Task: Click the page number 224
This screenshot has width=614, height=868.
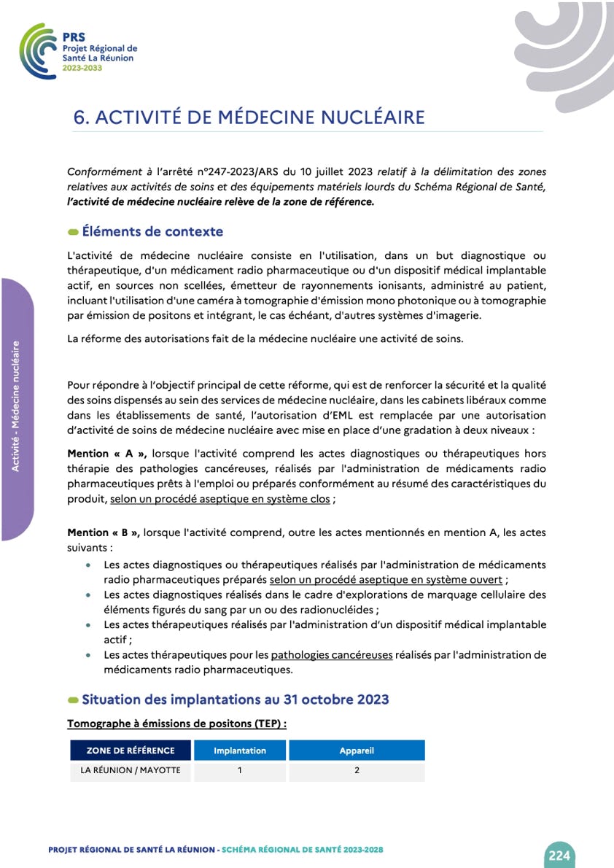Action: click(x=559, y=856)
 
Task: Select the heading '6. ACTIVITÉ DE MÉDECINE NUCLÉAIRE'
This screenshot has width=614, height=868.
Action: click(x=249, y=117)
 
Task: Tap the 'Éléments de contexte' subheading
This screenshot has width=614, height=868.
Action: click(x=152, y=232)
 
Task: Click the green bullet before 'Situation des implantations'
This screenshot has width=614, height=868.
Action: click(x=73, y=700)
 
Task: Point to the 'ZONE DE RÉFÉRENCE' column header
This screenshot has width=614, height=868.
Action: click(x=131, y=751)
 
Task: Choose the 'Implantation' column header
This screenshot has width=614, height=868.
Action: click(x=239, y=751)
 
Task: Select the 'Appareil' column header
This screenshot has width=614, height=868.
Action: click(x=357, y=751)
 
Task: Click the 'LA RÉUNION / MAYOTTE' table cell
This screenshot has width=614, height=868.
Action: click(x=131, y=770)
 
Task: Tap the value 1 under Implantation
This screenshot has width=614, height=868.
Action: click(x=239, y=770)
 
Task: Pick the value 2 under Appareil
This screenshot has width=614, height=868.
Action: click(x=357, y=770)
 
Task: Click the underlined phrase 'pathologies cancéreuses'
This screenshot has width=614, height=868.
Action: click(x=332, y=655)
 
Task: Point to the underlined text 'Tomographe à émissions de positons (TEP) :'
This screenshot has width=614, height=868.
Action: click(x=177, y=724)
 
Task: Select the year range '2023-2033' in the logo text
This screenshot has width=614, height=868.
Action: click(x=82, y=68)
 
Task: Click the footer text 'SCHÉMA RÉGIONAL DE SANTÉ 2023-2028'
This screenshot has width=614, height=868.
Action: click(x=302, y=850)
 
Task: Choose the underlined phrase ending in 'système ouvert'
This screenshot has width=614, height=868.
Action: click(x=386, y=580)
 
